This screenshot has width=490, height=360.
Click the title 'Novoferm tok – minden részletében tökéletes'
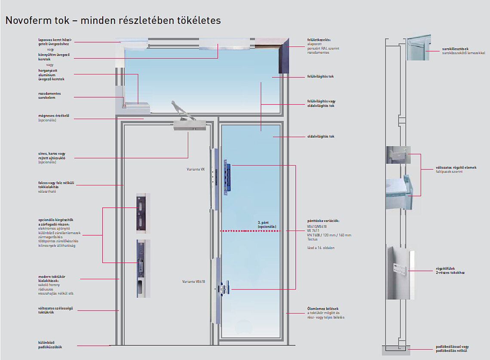tap(113, 20)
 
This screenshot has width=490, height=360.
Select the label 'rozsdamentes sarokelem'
tap(49, 95)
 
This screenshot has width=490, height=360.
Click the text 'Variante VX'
tap(196, 169)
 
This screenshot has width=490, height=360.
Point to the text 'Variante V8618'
tap(193, 281)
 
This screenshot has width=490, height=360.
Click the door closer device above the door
tap(189, 126)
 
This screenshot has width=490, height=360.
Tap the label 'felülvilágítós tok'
tap(320, 76)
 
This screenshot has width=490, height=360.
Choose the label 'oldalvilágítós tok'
tap(320, 136)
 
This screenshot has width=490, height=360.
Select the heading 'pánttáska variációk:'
tap(323, 221)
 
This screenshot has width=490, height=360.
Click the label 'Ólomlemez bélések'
tap(323, 308)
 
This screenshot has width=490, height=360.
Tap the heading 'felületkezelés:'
tap(319, 40)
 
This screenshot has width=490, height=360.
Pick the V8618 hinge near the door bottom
tap(224, 288)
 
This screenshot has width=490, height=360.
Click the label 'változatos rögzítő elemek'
tap(456, 167)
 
